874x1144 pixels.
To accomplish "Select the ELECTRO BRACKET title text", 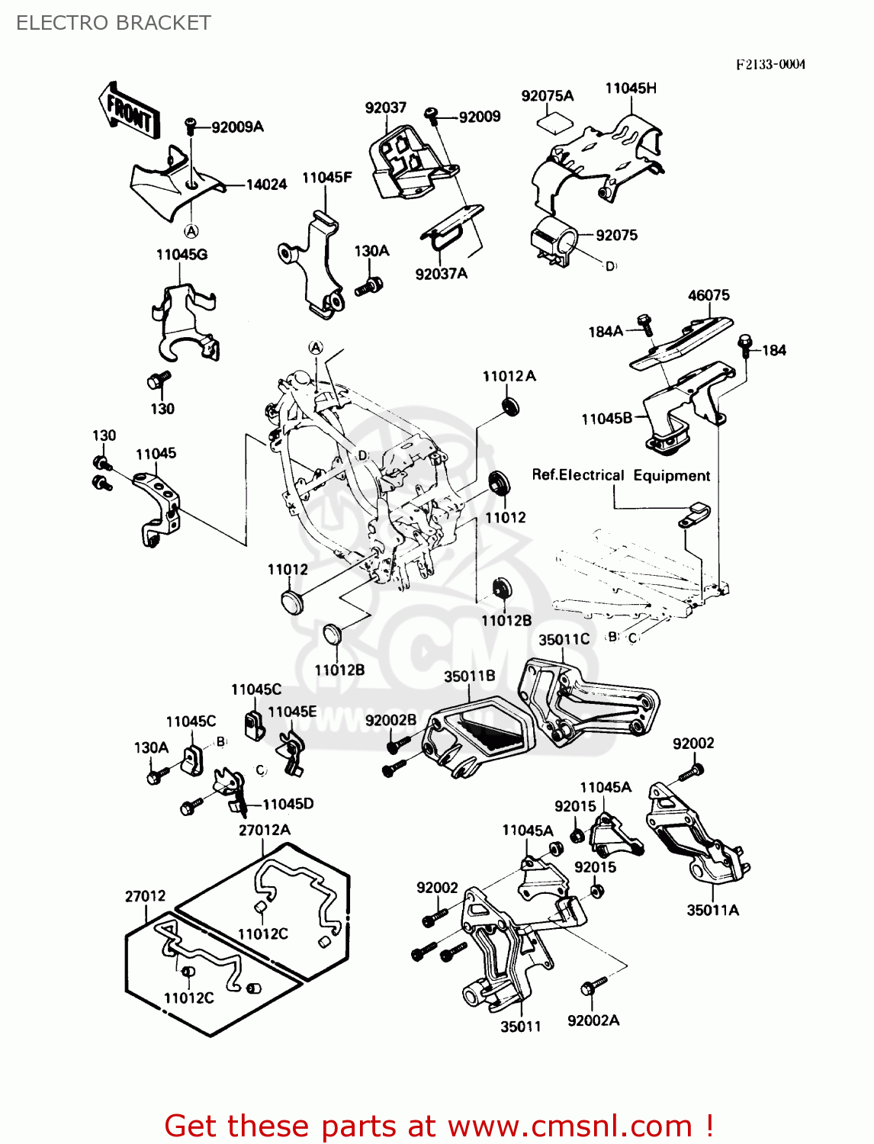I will coord(113,23).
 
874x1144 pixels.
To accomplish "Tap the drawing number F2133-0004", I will coord(770,64).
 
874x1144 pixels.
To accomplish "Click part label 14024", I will coord(266,185).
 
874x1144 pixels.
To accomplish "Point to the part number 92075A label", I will coord(547,96).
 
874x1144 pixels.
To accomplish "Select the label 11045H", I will coord(631,88).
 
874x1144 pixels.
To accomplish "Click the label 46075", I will coord(709,295).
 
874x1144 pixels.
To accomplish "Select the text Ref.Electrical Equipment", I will coord(621,475).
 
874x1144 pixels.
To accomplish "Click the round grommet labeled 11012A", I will coord(509,405).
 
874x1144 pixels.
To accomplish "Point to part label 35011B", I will coord(469,676).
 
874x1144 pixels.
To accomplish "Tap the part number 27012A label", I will coord(264,830).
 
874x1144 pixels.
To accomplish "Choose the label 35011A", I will coord(712,910).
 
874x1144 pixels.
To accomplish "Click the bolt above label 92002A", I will coord(593,985).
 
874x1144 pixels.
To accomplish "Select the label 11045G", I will coord(182,255).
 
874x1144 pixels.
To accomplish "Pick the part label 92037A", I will coord(441,274).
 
